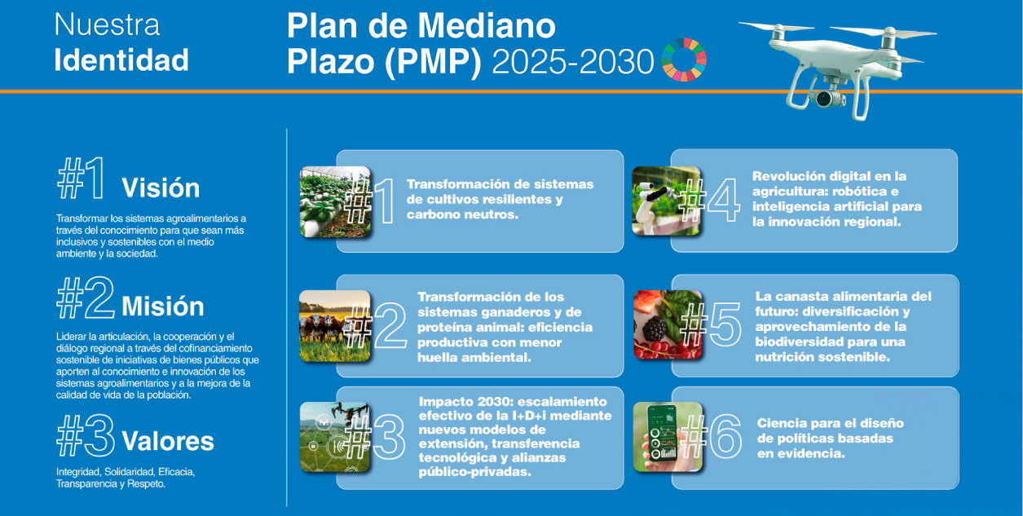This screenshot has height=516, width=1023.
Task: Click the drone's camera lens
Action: click(x=825, y=98)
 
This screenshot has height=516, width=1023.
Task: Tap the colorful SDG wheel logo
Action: click(x=684, y=60)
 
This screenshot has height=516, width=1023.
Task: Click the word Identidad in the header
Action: click(x=121, y=60)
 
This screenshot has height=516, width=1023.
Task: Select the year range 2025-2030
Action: click(x=573, y=62)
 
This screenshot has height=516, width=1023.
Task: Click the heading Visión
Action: click(x=161, y=187)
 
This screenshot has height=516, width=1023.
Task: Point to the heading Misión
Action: click(x=162, y=306)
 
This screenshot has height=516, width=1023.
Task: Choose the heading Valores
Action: click(x=168, y=441)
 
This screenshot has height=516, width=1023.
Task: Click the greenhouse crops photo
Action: click(x=336, y=202)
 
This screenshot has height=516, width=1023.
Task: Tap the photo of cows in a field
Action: click(x=335, y=326)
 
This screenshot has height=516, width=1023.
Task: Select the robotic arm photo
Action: click(x=667, y=201)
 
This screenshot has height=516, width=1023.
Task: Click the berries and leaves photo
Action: click(x=668, y=324)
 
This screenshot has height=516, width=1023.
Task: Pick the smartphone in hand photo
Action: click(x=668, y=437)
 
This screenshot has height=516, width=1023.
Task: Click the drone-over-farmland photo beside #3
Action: click(x=335, y=437)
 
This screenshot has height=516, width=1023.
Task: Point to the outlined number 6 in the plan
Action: click(x=725, y=436)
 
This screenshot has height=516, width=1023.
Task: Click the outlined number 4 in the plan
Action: click(x=724, y=200)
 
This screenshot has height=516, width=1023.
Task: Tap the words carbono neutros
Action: click(x=463, y=214)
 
